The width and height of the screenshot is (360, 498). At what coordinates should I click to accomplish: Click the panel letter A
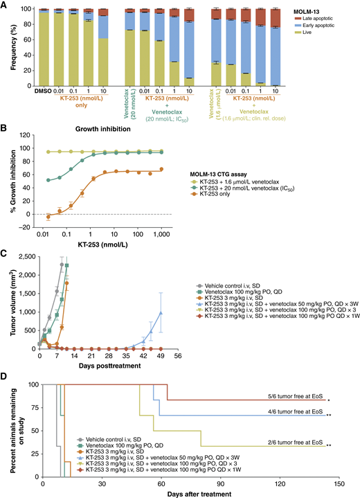click(5, 5)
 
